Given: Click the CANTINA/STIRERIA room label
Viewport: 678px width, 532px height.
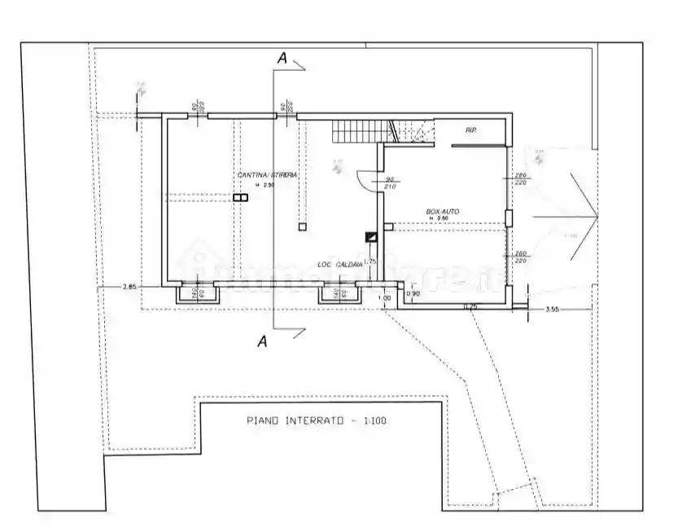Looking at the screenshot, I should (x=267, y=175).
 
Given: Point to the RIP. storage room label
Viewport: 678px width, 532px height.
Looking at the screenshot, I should (x=471, y=130).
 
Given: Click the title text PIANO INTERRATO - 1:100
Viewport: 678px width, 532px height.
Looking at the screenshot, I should (x=317, y=421).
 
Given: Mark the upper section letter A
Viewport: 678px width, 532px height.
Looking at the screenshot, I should (x=282, y=58).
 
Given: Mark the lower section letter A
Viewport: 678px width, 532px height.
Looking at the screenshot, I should (x=262, y=341).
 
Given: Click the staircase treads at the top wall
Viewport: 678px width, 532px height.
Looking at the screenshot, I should (x=359, y=129).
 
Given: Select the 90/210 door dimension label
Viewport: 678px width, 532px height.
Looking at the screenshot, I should (x=390, y=182).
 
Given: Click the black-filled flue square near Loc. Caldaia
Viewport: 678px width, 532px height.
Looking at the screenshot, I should (x=371, y=237).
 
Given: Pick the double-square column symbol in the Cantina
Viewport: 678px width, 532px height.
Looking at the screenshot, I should (x=239, y=197).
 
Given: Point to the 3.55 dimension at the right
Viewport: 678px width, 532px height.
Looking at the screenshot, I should (x=551, y=309).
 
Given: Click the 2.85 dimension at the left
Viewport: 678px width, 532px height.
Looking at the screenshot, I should (x=129, y=287).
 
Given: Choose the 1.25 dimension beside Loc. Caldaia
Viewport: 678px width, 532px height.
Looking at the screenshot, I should (x=369, y=262).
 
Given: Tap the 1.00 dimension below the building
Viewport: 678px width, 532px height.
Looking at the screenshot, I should (x=385, y=298).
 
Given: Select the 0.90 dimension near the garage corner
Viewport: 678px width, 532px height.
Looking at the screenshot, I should (x=413, y=293).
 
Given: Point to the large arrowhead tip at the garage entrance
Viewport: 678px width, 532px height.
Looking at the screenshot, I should (x=598, y=215).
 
